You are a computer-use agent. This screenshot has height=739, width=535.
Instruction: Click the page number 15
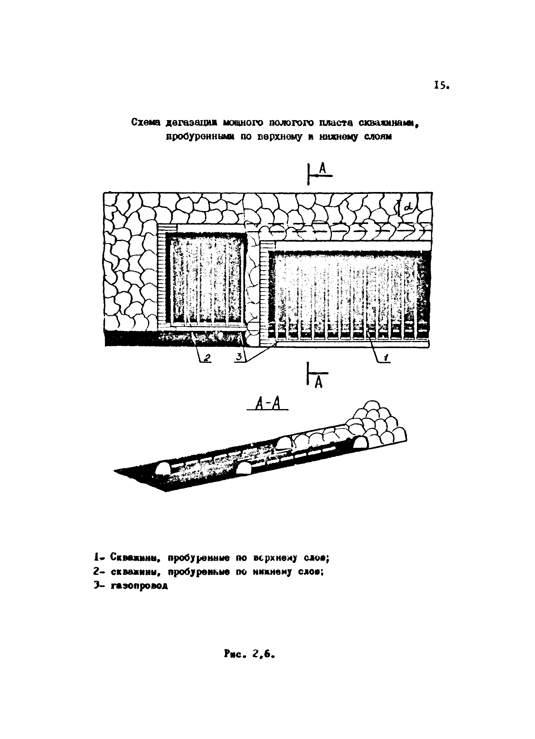pyautogui.click(x=441, y=86)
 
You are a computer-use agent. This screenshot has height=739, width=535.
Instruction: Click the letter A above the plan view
pyautogui.click(x=323, y=169)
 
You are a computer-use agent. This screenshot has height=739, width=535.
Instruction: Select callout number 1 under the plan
pyautogui.click(x=386, y=358)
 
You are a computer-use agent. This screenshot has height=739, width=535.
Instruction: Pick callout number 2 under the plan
pyautogui.click(x=207, y=358)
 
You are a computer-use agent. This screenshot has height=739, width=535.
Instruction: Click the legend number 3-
pyautogui.click(x=98, y=585)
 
